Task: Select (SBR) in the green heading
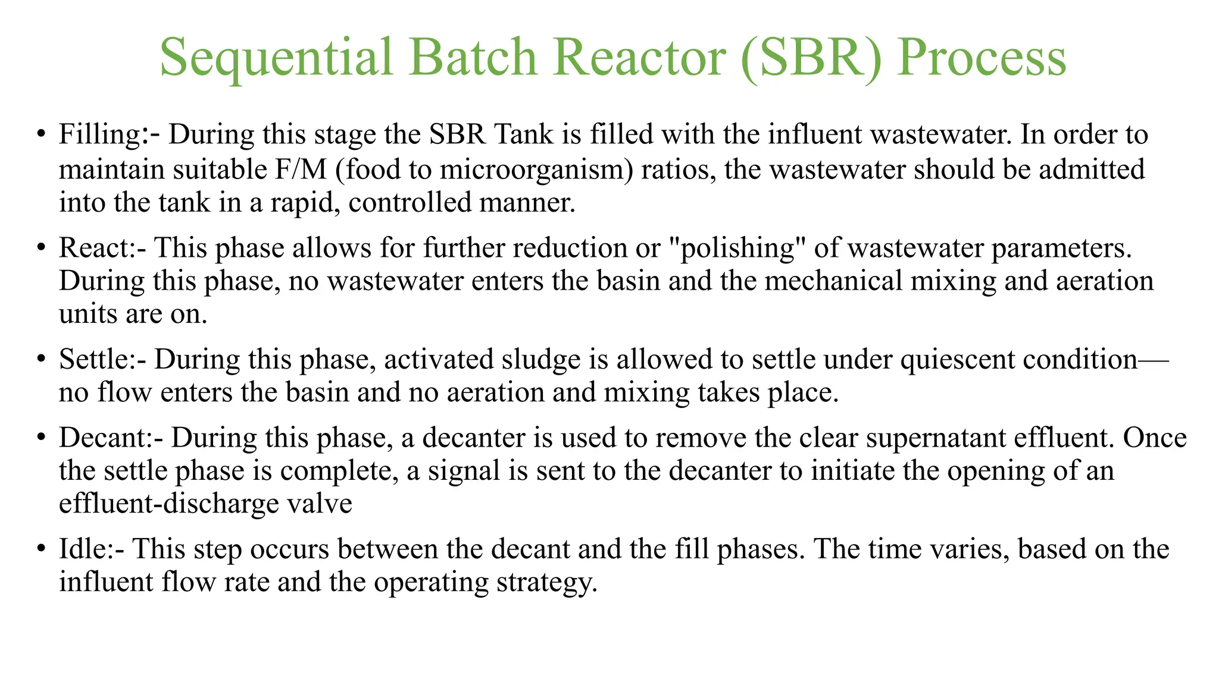(812, 58)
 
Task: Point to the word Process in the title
(982, 58)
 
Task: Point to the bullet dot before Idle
(40, 548)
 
